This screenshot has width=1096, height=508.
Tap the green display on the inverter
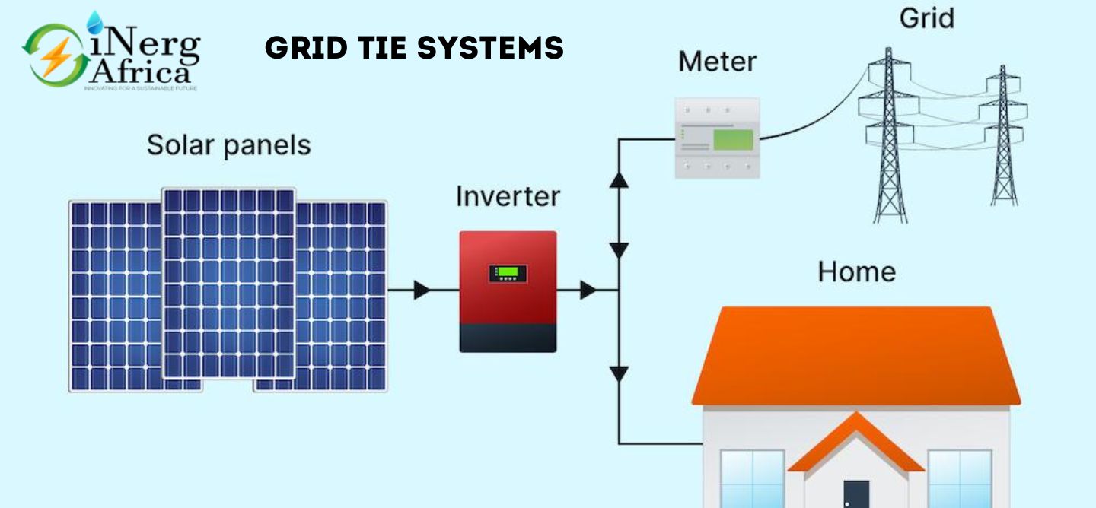pos(508,274)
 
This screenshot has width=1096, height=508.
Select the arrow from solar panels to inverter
pos(422,290)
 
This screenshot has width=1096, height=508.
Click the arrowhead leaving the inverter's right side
pos(588,290)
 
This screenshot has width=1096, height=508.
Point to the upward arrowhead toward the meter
pos(620,179)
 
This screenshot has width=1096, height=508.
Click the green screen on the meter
pos(732,139)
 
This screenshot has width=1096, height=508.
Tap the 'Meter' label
pos(717,61)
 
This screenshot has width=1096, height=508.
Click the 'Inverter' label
pos(508,196)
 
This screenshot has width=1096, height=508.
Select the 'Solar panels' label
pos(228,144)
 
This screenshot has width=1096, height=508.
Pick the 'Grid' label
pos(927,17)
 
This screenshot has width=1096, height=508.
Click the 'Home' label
pos(856,271)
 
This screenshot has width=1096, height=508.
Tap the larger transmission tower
pos(889,137)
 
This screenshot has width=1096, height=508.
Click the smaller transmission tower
pos(1003,137)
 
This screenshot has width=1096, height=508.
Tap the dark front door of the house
pos(856,494)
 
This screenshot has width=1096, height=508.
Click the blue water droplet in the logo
pos(95,22)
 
